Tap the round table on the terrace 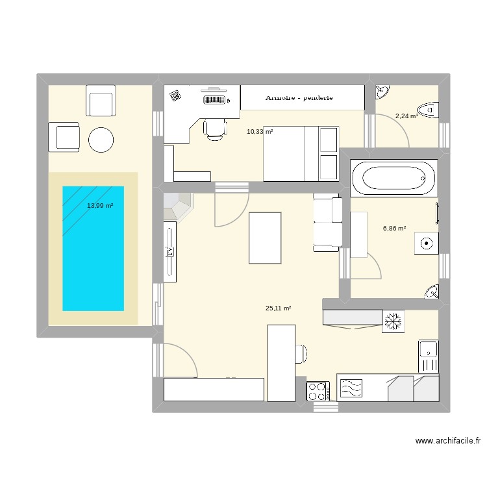[101, 139]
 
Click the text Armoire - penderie [299, 98]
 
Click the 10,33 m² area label [260, 132]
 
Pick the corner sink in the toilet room [382, 92]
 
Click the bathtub [393, 177]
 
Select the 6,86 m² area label [394, 229]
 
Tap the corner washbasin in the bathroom [432, 292]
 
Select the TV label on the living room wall [169, 251]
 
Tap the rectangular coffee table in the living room [266, 238]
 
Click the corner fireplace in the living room [177, 206]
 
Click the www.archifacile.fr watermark [447, 441]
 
